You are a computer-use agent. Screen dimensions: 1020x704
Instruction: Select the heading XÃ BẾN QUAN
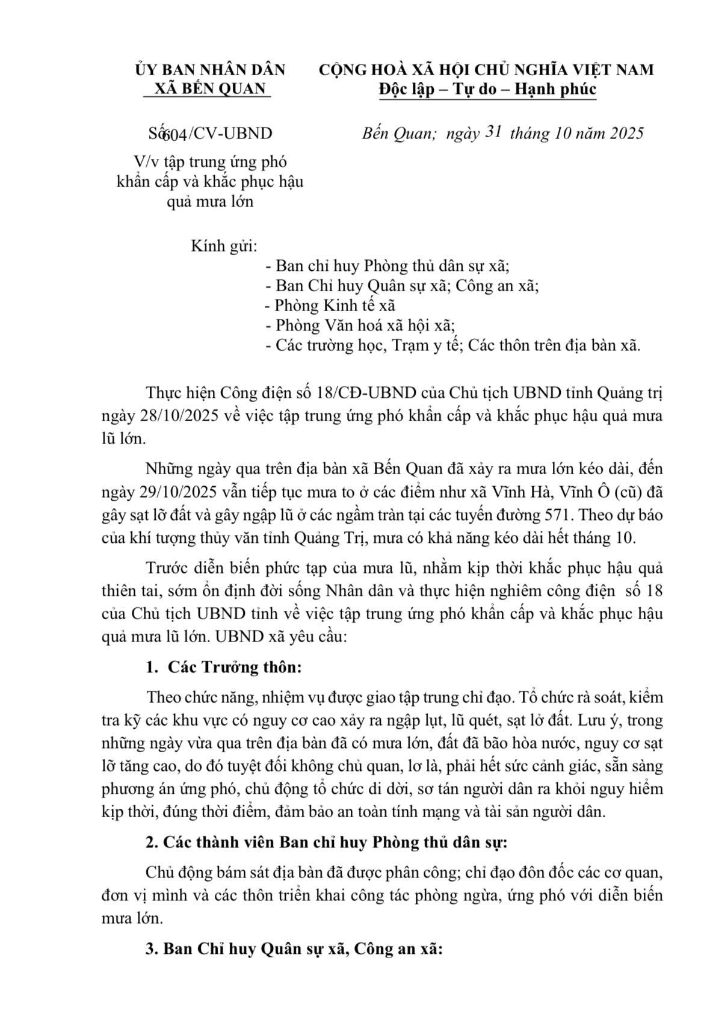pos(210,88)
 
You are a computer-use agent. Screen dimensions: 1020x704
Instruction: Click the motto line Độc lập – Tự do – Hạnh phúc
pos(487,89)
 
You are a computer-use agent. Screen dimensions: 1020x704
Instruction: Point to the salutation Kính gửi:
pos(224,246)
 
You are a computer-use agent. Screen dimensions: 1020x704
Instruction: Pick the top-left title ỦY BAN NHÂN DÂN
pos(210,69)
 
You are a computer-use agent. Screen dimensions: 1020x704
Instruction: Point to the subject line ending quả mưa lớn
pos(210,201)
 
